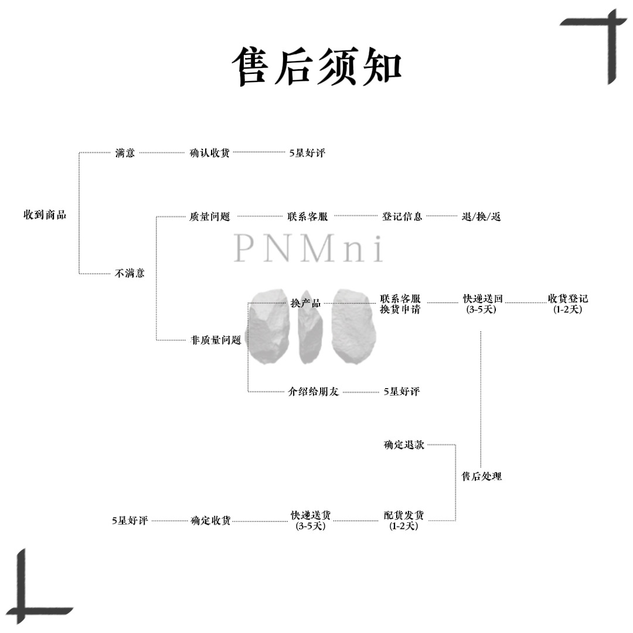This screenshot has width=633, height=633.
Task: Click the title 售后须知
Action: click(x=317, y=66)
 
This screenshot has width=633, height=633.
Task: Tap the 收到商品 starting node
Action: click(x=45, y=215)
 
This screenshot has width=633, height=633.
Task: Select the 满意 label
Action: click(x=125, y=153)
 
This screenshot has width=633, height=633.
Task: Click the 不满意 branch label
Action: click(x=130, y=273)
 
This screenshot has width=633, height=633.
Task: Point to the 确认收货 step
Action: click(x=210, y=153)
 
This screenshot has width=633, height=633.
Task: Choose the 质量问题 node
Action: click(x=210, y=216)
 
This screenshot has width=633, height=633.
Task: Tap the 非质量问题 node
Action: click(x=216, y=340)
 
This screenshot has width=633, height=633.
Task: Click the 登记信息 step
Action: click(x=402, y=216)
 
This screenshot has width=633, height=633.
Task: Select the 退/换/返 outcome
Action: click(x=481, y=217)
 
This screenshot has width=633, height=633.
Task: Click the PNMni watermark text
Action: click(x=308, y=249)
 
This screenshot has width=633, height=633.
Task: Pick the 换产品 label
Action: click(x=305, y=303)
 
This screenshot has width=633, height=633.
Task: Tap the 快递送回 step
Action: click(x=483, y=299)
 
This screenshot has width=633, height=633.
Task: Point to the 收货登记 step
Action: click(x=568, y=299)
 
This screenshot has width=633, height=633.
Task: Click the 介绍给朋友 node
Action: click(x=314, y=392)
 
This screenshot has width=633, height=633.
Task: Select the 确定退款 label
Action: click(x=404, y=445)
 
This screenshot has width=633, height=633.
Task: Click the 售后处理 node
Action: click(x=482, y=477)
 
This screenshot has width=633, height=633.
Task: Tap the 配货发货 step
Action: click(x=404, y=516)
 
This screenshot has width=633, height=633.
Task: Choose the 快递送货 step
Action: click(x=311, y=516)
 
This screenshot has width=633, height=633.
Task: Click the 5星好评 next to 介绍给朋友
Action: click(x=401, y=392)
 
